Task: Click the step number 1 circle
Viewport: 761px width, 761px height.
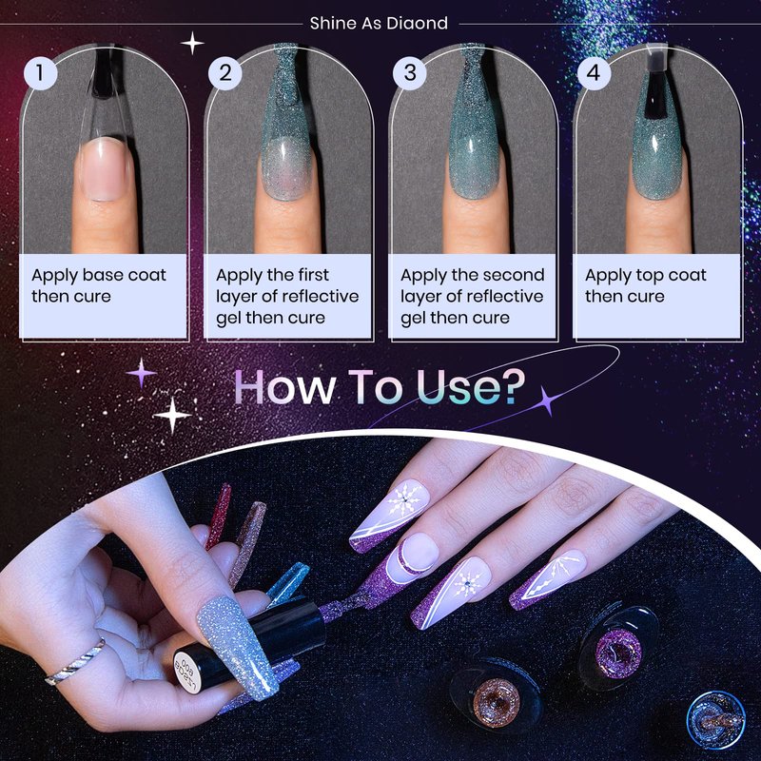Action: (40, 73)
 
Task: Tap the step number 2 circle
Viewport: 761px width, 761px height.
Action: (224, 73)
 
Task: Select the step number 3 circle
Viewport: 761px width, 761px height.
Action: (410, 73)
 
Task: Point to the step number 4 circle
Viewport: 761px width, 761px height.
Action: (594, 73)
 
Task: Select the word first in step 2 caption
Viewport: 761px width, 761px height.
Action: (314, 275)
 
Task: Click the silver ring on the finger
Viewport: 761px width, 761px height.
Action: (76, 661)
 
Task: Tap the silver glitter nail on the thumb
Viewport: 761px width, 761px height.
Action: (237, 648)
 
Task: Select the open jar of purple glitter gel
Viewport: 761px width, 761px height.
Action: (617, 652)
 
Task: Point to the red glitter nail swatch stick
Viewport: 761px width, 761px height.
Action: (218, 517)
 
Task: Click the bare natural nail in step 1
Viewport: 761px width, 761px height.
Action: (106, 168)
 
